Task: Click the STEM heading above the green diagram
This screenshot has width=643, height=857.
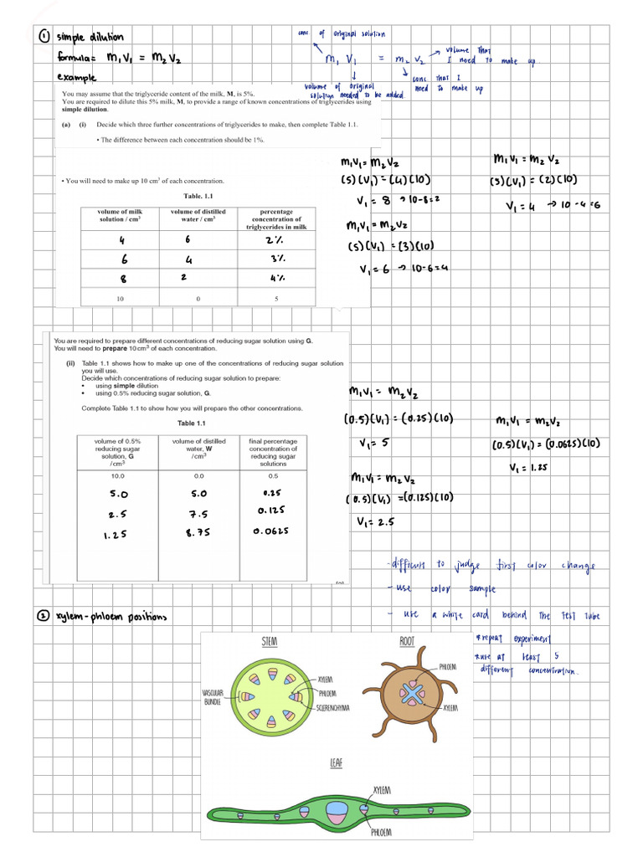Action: [270, 640]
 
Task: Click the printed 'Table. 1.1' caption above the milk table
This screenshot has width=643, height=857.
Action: [199, 197]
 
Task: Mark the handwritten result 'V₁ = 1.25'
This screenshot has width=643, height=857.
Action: [528, 468]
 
